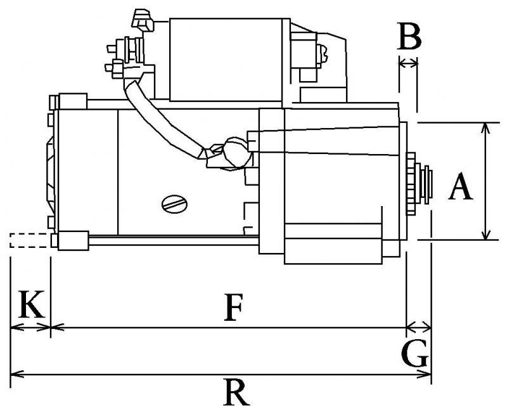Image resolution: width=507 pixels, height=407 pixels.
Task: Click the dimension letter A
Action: coord(461,188)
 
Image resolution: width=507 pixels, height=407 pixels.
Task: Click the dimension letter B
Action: coord(409,37)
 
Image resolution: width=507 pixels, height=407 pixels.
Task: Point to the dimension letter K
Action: coord(30,305)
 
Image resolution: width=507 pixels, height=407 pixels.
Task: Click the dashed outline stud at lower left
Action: coord(29,240)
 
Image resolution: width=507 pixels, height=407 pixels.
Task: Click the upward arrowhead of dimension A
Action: coord(486,127)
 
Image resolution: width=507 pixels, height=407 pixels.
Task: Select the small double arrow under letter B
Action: coord(408,62)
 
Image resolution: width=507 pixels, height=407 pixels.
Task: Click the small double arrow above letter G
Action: coord(418,328)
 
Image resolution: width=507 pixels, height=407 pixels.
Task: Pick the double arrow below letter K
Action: coord(30,328)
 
